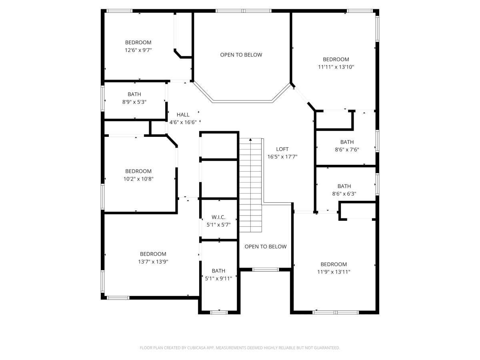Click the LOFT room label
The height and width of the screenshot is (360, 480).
(x=282, y=149)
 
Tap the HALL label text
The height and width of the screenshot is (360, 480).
(x=183, y=114)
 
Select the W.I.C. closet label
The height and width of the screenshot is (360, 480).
(x=218, y=217)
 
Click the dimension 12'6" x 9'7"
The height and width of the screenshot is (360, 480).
(x=138, y=50)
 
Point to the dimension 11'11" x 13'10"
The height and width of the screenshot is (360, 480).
(x=336, y=67)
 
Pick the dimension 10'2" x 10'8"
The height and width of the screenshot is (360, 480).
(x=138, y=179)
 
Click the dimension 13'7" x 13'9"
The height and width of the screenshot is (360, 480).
(x=153, y=262)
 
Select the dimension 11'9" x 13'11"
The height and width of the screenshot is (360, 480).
(x=334, y=272)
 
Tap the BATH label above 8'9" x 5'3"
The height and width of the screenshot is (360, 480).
(x=134, y=94)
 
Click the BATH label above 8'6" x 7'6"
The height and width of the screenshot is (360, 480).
(x=347, y=142)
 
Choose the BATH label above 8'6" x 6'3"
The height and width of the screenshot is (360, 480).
(x=344, y=186)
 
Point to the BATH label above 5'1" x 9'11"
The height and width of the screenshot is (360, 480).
(x=218, y=271)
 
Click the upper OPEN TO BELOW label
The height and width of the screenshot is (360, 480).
(x=241, y=55)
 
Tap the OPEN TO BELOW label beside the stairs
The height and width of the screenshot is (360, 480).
(x=266, y=246)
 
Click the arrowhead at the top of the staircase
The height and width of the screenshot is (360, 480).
(x=250, y=140)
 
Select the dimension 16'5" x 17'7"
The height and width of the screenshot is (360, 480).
(x=282, y=157)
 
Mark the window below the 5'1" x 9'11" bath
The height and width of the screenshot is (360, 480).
(x=219, y=312)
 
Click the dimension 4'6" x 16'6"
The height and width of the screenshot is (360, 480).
(x=183, y=122)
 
